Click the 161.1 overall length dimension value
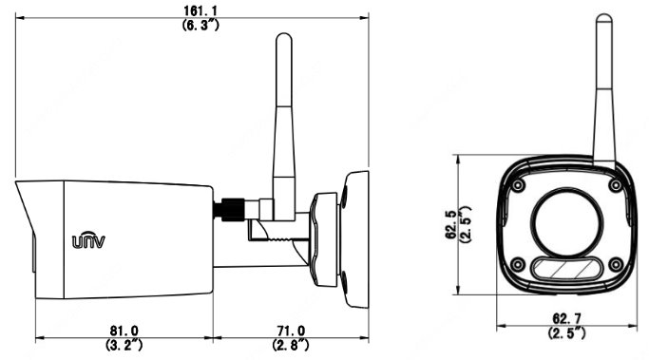tap(200, 10)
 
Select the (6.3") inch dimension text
tap(200, 25)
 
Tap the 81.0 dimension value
tap(124, 331)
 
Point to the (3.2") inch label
tap(124, 345)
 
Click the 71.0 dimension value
tap(291, 331)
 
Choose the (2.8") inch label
tap(291, 345)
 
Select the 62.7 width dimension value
tap(566, 318)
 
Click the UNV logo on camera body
tap(88, 239)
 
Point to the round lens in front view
tap(566, 222)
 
